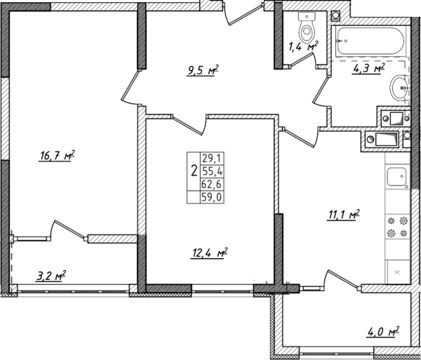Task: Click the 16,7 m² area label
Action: click(x=57, y=156)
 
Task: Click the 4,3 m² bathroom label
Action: click(x=369, y=69)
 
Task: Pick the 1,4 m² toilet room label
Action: click(x=303, y=48)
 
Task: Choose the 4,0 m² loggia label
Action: click(x=383, y=330)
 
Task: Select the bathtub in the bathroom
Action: click(x=370, y=43)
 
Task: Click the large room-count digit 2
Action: click(x=193, y=171)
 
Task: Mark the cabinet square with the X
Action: click(x=398, y=270)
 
